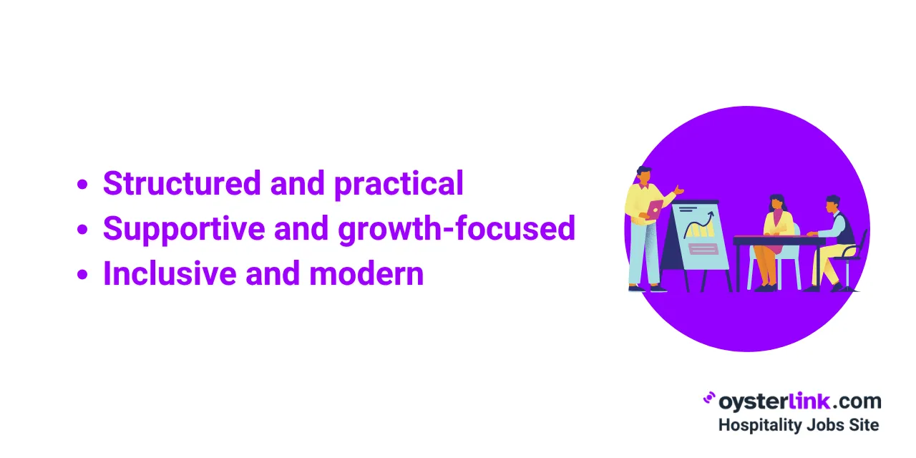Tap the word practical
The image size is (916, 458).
399,185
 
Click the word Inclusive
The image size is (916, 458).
170,273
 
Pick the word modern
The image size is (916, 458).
366,273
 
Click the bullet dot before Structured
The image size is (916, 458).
82,184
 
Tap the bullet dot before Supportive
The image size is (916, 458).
82,229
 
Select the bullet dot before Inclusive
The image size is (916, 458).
82,274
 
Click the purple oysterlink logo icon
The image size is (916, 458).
709,398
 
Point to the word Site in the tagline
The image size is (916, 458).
864,425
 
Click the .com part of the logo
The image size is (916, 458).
857,401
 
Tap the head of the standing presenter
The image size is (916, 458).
645,176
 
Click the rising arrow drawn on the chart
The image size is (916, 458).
699,224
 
